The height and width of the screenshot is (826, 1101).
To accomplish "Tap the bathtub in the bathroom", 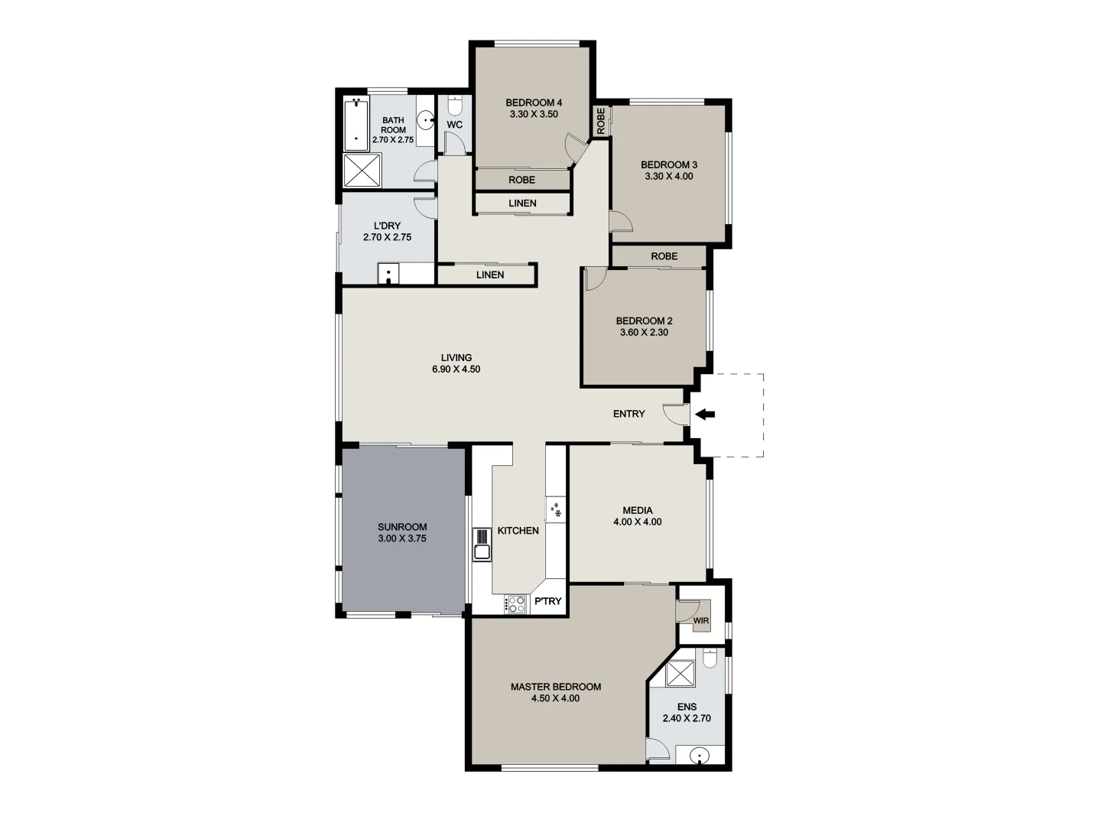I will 355,125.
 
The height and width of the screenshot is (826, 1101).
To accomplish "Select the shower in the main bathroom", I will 362,171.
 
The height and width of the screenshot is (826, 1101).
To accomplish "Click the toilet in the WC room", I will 454,105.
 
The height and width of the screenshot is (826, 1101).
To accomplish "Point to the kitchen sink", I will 482,551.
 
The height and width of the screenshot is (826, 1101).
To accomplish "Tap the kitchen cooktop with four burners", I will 516,604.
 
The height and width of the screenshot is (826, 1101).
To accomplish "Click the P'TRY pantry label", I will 547,601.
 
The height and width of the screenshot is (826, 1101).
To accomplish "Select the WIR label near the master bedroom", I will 701,620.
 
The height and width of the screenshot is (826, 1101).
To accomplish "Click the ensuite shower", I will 678,674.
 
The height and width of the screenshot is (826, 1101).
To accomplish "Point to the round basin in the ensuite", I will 699,756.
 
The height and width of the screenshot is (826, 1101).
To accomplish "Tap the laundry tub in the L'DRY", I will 388,274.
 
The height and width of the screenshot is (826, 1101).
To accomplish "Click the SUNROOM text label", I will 402,527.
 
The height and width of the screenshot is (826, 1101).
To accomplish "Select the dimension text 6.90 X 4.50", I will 456,369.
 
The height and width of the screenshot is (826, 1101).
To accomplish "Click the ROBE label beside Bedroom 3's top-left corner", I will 601,121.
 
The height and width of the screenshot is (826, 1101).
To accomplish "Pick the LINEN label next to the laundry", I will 490,275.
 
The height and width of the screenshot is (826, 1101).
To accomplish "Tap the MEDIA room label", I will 638,510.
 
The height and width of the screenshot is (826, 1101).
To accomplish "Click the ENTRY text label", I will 628,414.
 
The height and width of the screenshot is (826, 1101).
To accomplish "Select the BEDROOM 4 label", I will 534,102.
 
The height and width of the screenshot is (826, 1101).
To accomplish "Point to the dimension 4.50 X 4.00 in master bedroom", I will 555,698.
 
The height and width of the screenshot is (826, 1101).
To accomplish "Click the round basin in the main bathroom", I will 426,121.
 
